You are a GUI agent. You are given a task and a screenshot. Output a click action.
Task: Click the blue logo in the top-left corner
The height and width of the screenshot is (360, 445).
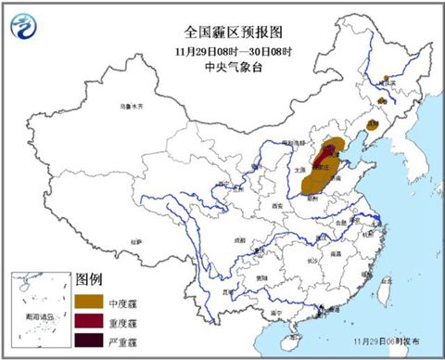(26, 24)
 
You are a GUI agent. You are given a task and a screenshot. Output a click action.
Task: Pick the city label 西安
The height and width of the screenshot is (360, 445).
(275, 205)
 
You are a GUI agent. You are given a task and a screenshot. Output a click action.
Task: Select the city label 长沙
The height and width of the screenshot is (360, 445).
(314, 262)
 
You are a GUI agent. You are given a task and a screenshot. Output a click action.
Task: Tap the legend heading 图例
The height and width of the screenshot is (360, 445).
(87, 278)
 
